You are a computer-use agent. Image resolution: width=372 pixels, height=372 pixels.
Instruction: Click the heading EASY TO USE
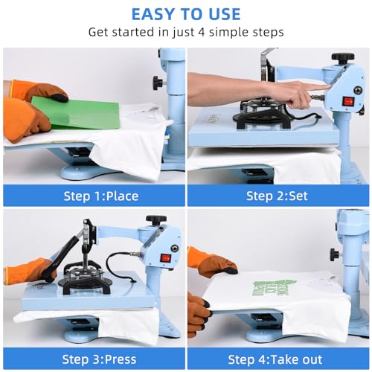click(x=185, y=13)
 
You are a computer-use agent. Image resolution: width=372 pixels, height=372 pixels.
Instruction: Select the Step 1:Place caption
click(x=93, y=196)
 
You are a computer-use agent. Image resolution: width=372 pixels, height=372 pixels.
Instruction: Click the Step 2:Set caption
click(x=278, y=196)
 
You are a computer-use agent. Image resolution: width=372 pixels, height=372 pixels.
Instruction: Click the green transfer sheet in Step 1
click(x=86, y=112)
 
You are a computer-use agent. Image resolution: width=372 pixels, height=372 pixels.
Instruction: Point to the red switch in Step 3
click(x=165, y=257)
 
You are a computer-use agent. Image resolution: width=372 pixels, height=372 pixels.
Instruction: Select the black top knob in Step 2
click(x=343, y=57)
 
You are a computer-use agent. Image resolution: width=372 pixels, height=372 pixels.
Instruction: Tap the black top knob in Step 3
click(x=156, y=220)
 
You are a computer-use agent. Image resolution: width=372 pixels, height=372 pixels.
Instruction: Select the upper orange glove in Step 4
click(x=211, y=261)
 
